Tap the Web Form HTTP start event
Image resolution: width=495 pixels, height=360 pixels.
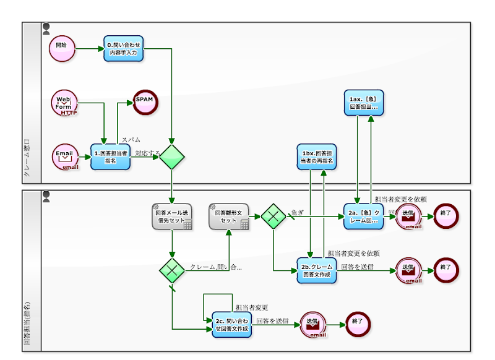tap(64, 103)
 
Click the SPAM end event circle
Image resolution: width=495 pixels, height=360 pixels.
tap(145, 101)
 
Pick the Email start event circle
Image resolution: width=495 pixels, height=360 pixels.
tap(65, 156)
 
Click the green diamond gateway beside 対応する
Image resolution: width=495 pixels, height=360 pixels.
tap(171, 157)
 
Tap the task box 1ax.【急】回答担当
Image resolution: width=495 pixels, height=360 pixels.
tap(363, 103)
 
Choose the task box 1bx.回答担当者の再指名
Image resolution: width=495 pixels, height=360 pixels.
tap(317, 157)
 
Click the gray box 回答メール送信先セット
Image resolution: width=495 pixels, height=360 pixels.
tap(171, 217)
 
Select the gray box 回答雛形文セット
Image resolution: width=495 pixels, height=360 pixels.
tap(228, 216)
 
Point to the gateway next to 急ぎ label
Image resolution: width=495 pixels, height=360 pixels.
tap(273, 216)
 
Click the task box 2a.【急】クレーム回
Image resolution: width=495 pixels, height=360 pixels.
tap(363, 216)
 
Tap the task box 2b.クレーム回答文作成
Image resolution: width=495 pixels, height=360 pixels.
tap(317, 270)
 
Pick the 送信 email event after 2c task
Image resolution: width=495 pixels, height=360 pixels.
tap(312, 324)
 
